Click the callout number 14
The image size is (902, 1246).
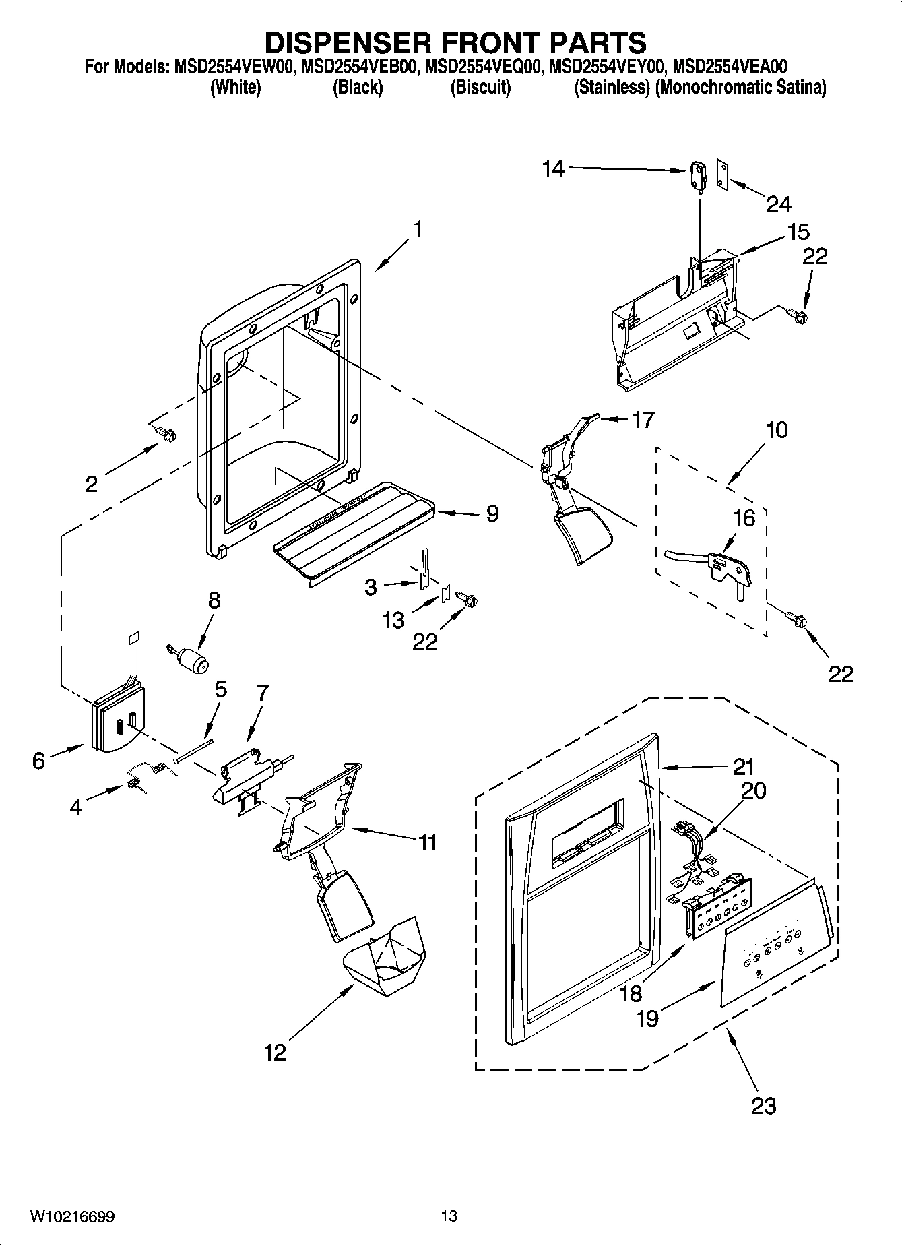[553, 168]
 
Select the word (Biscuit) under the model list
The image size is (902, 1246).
[480, 88]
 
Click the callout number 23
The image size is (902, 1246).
[763, 1105]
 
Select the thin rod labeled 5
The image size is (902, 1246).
[194, 749]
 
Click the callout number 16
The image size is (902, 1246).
[744, 518]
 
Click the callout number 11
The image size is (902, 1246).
[427, 842]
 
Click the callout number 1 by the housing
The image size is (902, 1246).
[417, 230]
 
